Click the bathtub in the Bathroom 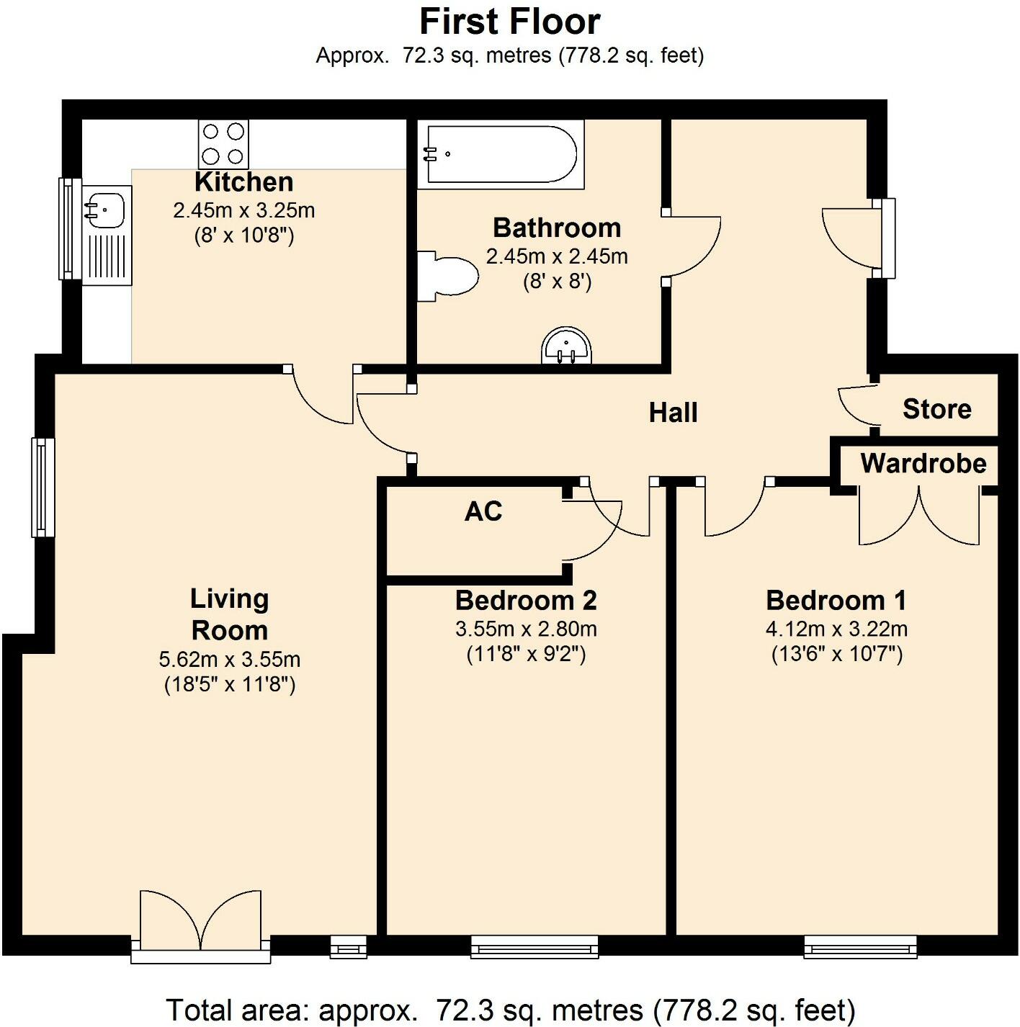501,154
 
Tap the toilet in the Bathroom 450,276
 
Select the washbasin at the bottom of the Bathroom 566,346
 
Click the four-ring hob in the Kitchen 223,144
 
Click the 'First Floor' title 509,22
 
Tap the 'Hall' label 673,413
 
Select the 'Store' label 936,409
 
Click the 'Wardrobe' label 923,463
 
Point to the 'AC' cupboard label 483,511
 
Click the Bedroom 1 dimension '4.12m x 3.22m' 836,629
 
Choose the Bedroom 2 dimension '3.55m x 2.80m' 526,629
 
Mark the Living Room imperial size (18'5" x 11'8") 230,683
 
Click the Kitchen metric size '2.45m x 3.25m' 243,210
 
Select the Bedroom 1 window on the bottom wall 860,946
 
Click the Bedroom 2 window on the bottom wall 534,946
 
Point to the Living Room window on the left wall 42,487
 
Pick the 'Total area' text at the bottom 510,1010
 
